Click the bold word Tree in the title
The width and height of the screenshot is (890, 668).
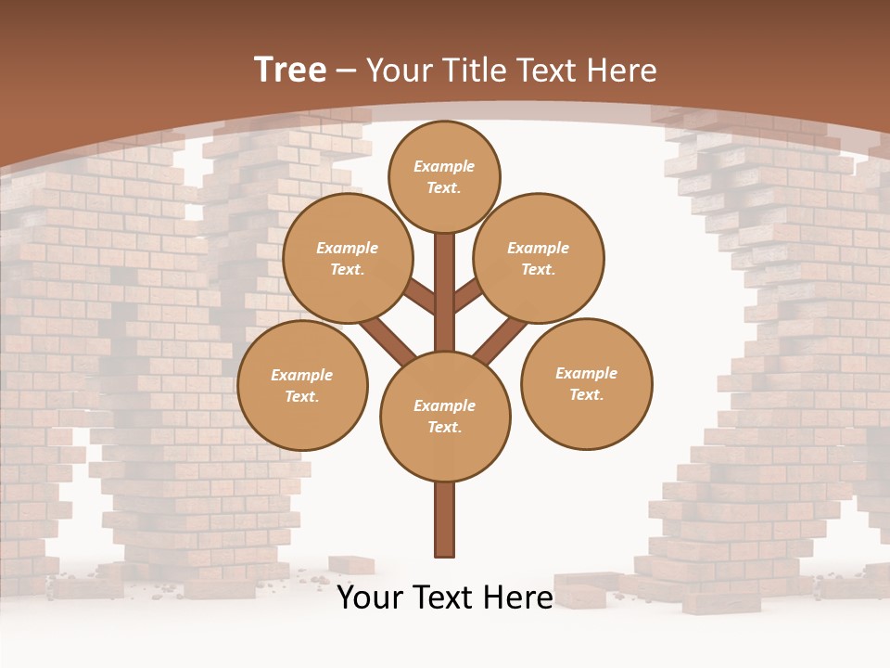[290, 70]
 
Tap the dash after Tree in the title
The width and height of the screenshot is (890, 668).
[346, 71]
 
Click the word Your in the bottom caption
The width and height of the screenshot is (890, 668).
[370, 597]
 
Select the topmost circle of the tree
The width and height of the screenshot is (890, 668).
[444, 176]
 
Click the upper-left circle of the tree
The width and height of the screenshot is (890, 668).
[348, 258]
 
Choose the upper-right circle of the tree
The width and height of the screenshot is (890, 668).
[539, 258]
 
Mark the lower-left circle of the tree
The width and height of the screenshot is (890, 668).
[302, 385]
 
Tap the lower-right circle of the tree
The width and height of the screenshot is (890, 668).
[587, 383]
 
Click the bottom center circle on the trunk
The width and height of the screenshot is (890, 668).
[445, 416]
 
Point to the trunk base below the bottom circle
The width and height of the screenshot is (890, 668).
[445, 520]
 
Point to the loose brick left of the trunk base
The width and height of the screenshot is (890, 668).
[351, 565]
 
